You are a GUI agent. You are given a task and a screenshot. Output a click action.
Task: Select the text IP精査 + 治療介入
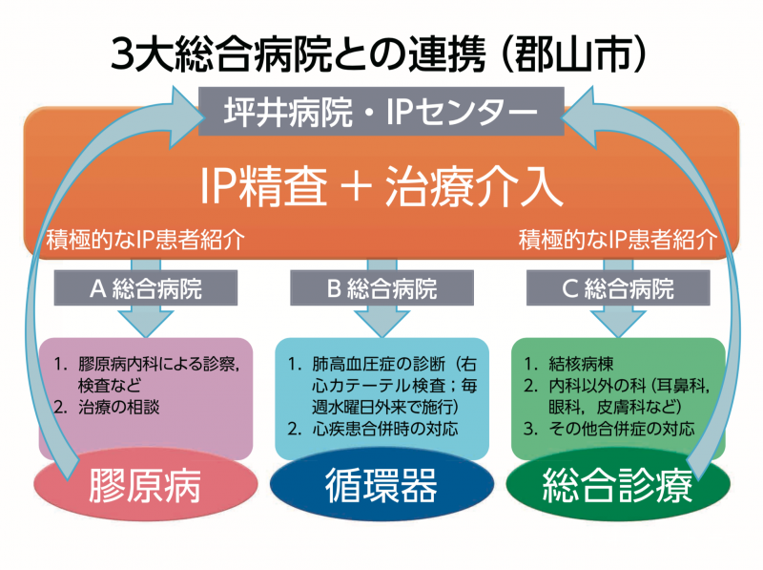381,185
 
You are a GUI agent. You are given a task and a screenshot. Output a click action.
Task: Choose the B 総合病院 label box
381,288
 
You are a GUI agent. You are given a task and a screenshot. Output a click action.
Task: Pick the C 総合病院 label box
618,288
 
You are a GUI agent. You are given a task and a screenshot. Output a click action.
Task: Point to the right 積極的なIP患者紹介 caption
618,240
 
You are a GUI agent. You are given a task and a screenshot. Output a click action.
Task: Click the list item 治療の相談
118,408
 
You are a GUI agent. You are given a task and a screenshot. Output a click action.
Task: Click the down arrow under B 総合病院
381,320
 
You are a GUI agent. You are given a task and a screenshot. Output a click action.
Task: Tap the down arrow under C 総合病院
618,320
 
